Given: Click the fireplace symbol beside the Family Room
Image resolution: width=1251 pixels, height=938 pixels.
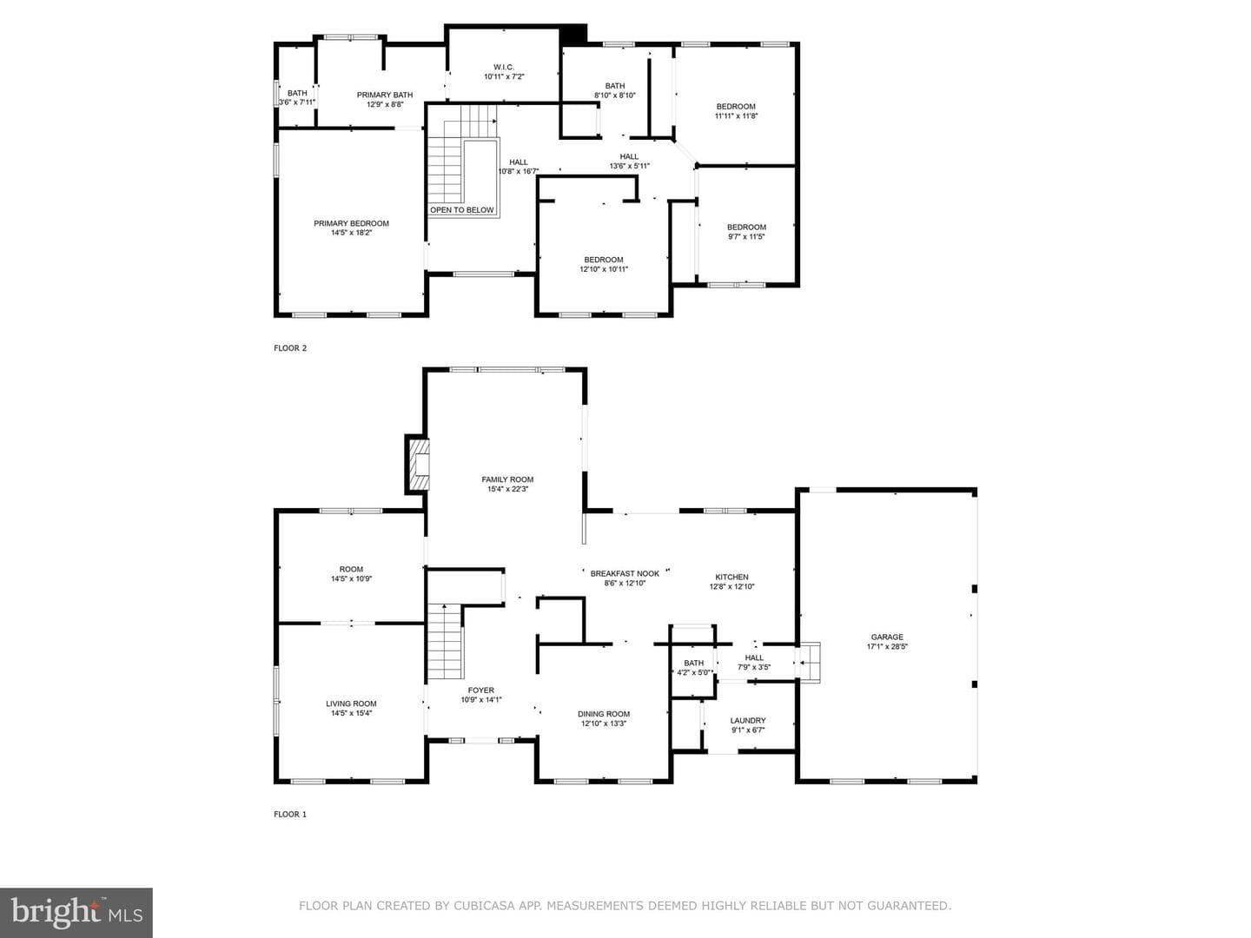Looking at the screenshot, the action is pos(417,464).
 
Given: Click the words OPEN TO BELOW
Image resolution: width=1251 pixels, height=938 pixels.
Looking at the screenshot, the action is pos(461,210).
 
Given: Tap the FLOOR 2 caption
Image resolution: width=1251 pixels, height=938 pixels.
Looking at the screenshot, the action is pos(290,348).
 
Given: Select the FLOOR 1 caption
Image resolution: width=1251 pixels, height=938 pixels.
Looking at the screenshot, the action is pos(290,815).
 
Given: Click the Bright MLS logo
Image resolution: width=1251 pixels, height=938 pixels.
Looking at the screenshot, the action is pos(76,912).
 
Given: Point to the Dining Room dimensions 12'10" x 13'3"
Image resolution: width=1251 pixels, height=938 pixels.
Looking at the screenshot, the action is pos(604,723).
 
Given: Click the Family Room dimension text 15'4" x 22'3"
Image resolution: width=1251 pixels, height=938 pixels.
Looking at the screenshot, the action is pos(507,489).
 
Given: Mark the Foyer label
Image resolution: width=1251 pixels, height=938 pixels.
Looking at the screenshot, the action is pos(481,690).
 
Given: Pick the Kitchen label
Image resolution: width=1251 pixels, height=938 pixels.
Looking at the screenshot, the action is pos(731,577).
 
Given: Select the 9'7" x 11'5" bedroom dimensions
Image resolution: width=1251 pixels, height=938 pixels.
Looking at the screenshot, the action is pos(746,237).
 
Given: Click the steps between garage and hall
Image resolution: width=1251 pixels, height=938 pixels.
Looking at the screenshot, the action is pos(808,663).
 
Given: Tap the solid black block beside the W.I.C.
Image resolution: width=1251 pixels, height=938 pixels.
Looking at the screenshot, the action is pos(573,34).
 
